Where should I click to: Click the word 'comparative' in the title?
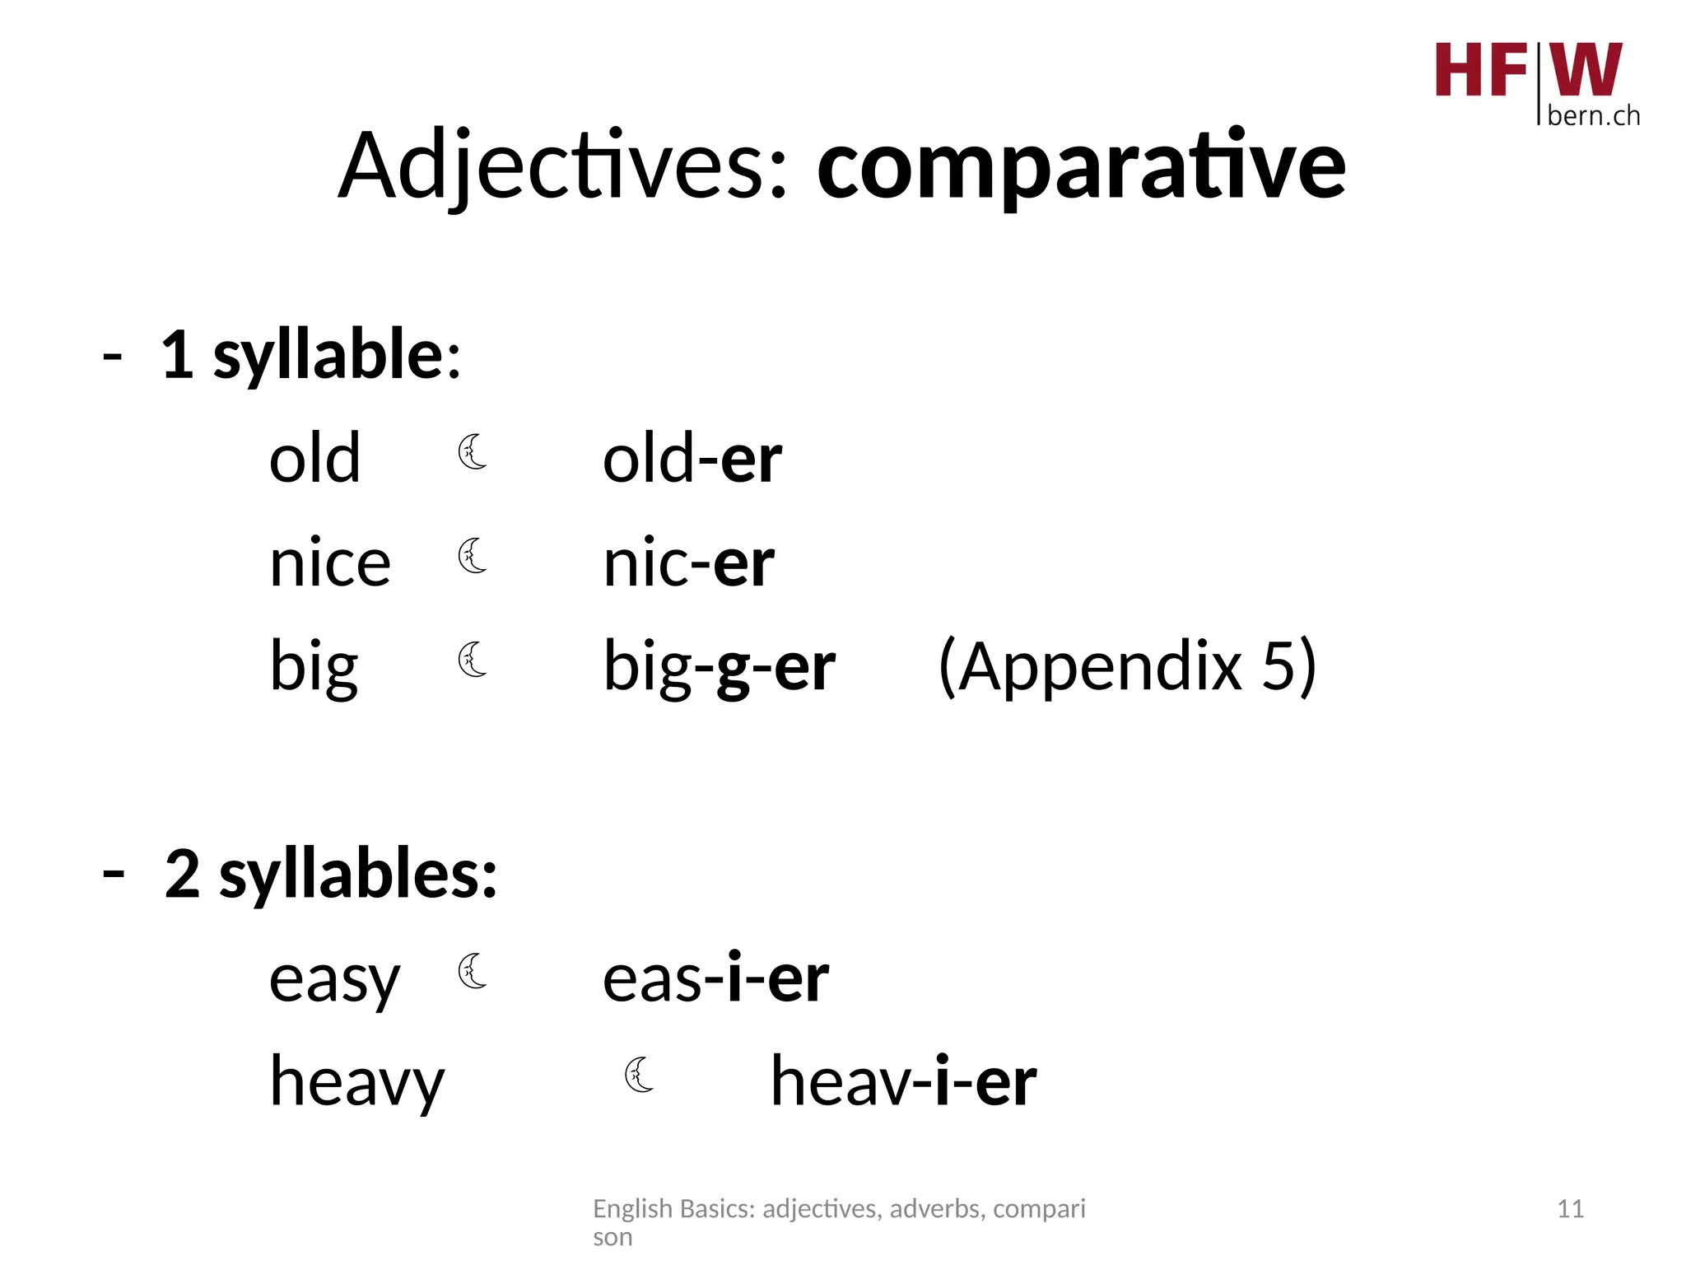tap(1080, 167)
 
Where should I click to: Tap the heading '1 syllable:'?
tap(311, 356)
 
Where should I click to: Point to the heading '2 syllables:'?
tap(331, 875)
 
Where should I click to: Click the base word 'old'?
tap(314, 459)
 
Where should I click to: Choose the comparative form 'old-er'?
tap(692, 459)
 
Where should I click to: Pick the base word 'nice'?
tap(329, 564)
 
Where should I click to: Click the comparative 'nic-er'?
tap(688, 564)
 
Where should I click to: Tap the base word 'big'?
tap(314, 667)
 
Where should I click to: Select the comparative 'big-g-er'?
tap(719, 667)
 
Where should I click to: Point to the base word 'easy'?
tap(334, 980)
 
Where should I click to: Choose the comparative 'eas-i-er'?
tap(715, 979)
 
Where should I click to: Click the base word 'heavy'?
tap(356, 1083)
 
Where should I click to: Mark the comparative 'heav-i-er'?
tap(903, 1082)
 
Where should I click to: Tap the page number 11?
tap(1570, 1209)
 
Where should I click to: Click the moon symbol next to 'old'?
tap(473, 451)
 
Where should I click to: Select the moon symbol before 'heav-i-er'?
tap(639, 1075)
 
